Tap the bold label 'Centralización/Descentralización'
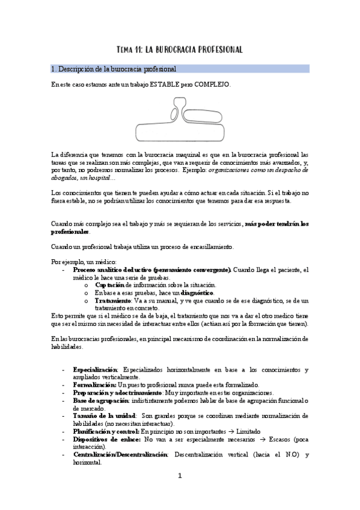pos(121,455)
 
